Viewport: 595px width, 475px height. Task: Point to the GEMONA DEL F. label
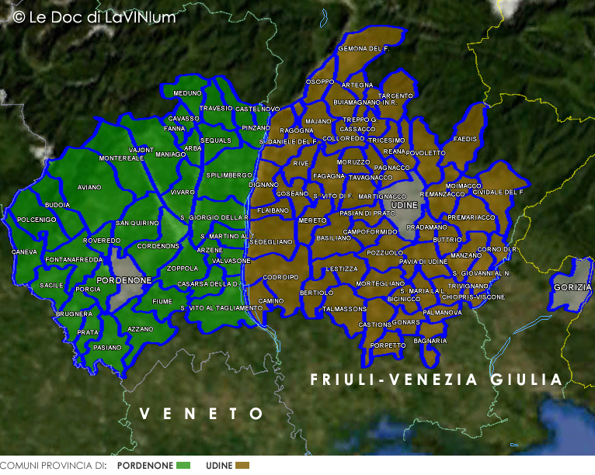364,49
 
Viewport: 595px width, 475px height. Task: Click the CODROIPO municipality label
281,277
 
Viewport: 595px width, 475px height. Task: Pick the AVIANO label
89,187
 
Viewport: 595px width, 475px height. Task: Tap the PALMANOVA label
443,313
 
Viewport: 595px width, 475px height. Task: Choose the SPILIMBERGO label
229,175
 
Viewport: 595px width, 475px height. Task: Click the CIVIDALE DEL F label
498,192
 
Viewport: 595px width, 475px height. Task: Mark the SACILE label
51,286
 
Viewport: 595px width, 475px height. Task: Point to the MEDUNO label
187,93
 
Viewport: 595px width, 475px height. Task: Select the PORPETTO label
388,345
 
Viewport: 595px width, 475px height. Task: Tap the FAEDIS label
465,139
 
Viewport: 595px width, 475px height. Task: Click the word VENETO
201,414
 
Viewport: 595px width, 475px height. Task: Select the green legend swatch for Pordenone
183,466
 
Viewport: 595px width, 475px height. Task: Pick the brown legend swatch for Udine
242,466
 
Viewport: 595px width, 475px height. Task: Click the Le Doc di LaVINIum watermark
95,16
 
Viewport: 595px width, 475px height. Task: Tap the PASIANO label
107,348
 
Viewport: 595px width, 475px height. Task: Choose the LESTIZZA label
343,269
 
